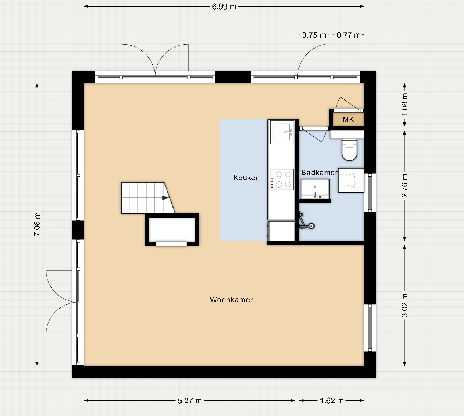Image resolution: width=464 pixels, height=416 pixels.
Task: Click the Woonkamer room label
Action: point(231,300)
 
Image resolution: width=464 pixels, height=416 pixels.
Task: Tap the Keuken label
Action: point(246,178)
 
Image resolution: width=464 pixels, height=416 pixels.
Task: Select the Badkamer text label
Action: point(319,173)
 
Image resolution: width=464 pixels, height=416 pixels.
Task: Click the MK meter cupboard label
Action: point(348,120)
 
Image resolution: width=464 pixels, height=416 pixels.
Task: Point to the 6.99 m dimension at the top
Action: point(224,7)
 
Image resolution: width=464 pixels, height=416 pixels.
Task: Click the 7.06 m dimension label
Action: point(37,224)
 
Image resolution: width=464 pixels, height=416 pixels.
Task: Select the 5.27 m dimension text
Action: point(190,401)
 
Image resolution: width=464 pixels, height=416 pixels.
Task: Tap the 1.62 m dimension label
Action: point(332,401)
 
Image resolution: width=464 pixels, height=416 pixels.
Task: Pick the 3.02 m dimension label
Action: point(405,305)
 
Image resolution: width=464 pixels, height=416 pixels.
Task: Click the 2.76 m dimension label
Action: point(405,186)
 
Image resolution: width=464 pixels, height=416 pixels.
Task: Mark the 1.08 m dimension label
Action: point(405,104)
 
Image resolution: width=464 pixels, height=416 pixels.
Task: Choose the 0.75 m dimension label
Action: point(314,35)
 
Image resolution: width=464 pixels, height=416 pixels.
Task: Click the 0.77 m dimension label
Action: point(348,35)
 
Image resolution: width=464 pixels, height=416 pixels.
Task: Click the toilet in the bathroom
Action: point(349,149)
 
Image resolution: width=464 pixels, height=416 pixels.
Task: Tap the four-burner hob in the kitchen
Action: point(282,179)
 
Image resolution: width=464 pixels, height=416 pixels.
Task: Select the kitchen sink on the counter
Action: point(282,132)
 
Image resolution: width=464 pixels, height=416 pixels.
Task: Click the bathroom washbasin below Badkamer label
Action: point(315,189)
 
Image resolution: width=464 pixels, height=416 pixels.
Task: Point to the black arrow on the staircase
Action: point(166,198)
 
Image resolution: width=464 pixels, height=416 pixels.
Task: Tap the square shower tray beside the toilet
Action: point(351,180)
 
